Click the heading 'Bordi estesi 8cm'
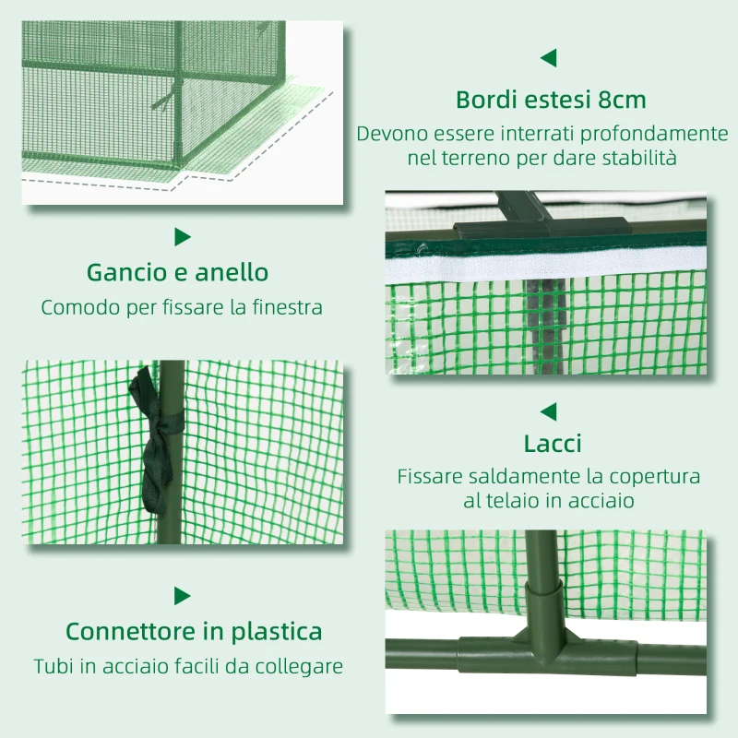tap(551, 100)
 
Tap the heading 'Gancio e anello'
tap(178, 273)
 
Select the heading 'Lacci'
tap(553, 444)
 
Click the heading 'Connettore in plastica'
tap(194, 632)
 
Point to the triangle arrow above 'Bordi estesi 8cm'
tap(549, 58)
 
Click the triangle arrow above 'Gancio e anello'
tap(182, 237)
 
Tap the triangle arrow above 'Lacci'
tap(549, 411)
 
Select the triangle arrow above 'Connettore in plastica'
tap(182, 596)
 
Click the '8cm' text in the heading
tap(620, 100)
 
